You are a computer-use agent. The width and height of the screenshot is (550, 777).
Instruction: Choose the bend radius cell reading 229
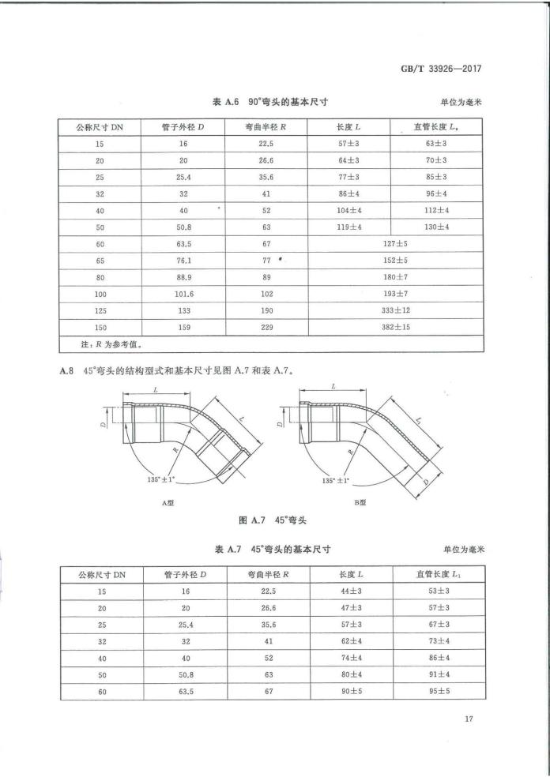coord(266,327)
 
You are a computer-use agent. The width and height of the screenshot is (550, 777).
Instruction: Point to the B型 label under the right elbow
coord(360,502)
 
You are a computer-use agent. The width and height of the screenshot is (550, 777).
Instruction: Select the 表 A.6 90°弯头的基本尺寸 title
coord(271,102)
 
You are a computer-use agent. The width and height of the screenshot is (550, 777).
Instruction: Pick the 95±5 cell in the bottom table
coord(437,692)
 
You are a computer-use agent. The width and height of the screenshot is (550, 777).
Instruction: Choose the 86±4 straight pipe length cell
coord(437,658)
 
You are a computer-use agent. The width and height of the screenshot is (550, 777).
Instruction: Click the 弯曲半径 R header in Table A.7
coord(266,574)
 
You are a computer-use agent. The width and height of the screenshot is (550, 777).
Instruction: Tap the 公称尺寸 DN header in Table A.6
coord(100,126)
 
